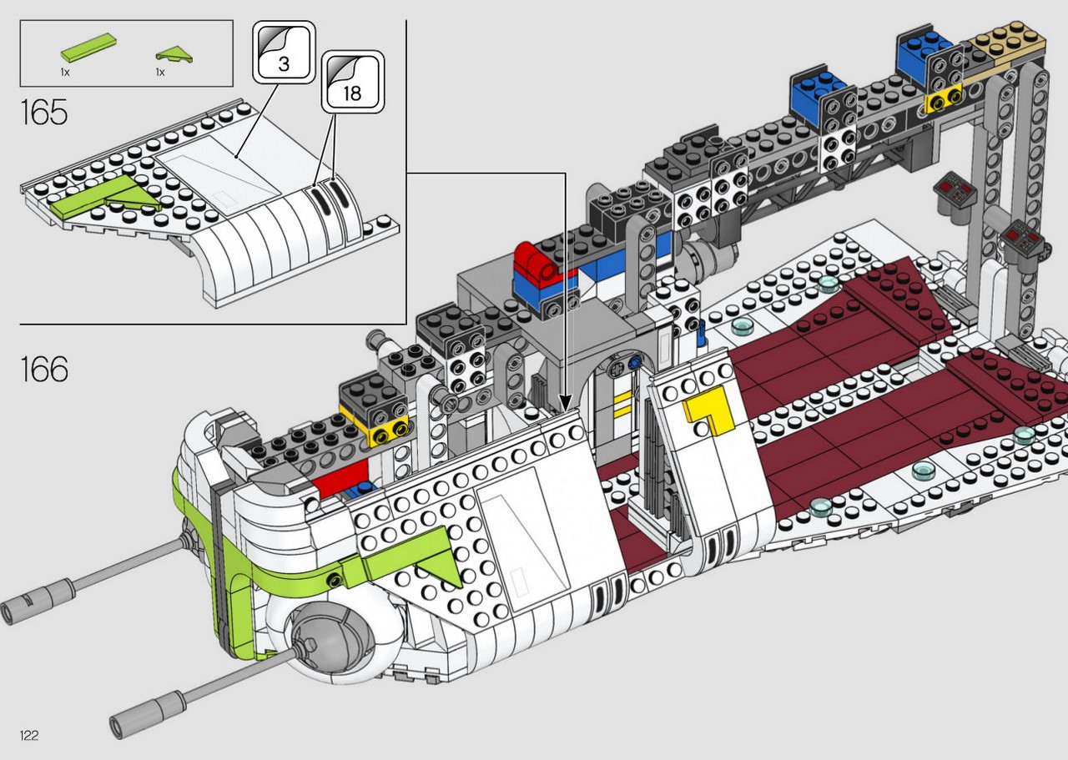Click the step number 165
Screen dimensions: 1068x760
pyautogui.click(x=44, y=113)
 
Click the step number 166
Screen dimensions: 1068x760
pyautogui.click(x=44, y=369)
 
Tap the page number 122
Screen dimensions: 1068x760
pyautogui.click(x=29, y=735)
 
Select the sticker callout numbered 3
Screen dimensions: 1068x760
pyautogui.click(x=284, y=52)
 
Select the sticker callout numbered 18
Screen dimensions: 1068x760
pyautogui.click(x=352, y=82)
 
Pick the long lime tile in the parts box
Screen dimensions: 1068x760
pyautogui.click(x=89, y=48)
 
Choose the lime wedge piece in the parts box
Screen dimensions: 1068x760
pyautogui.click(x=174, y=54)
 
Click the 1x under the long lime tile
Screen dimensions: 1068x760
pyautogui.click(x=65, y=73)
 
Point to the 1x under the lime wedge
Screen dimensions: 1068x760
pyautogui.click(x=160, y=73)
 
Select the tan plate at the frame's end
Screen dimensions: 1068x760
pyautogui.click(x=1006, y=45)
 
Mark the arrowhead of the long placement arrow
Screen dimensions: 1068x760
pyautogui.click(x=566, y=404)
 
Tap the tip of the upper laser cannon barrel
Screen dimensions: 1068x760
pyautogui.click(x=8, y=612)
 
